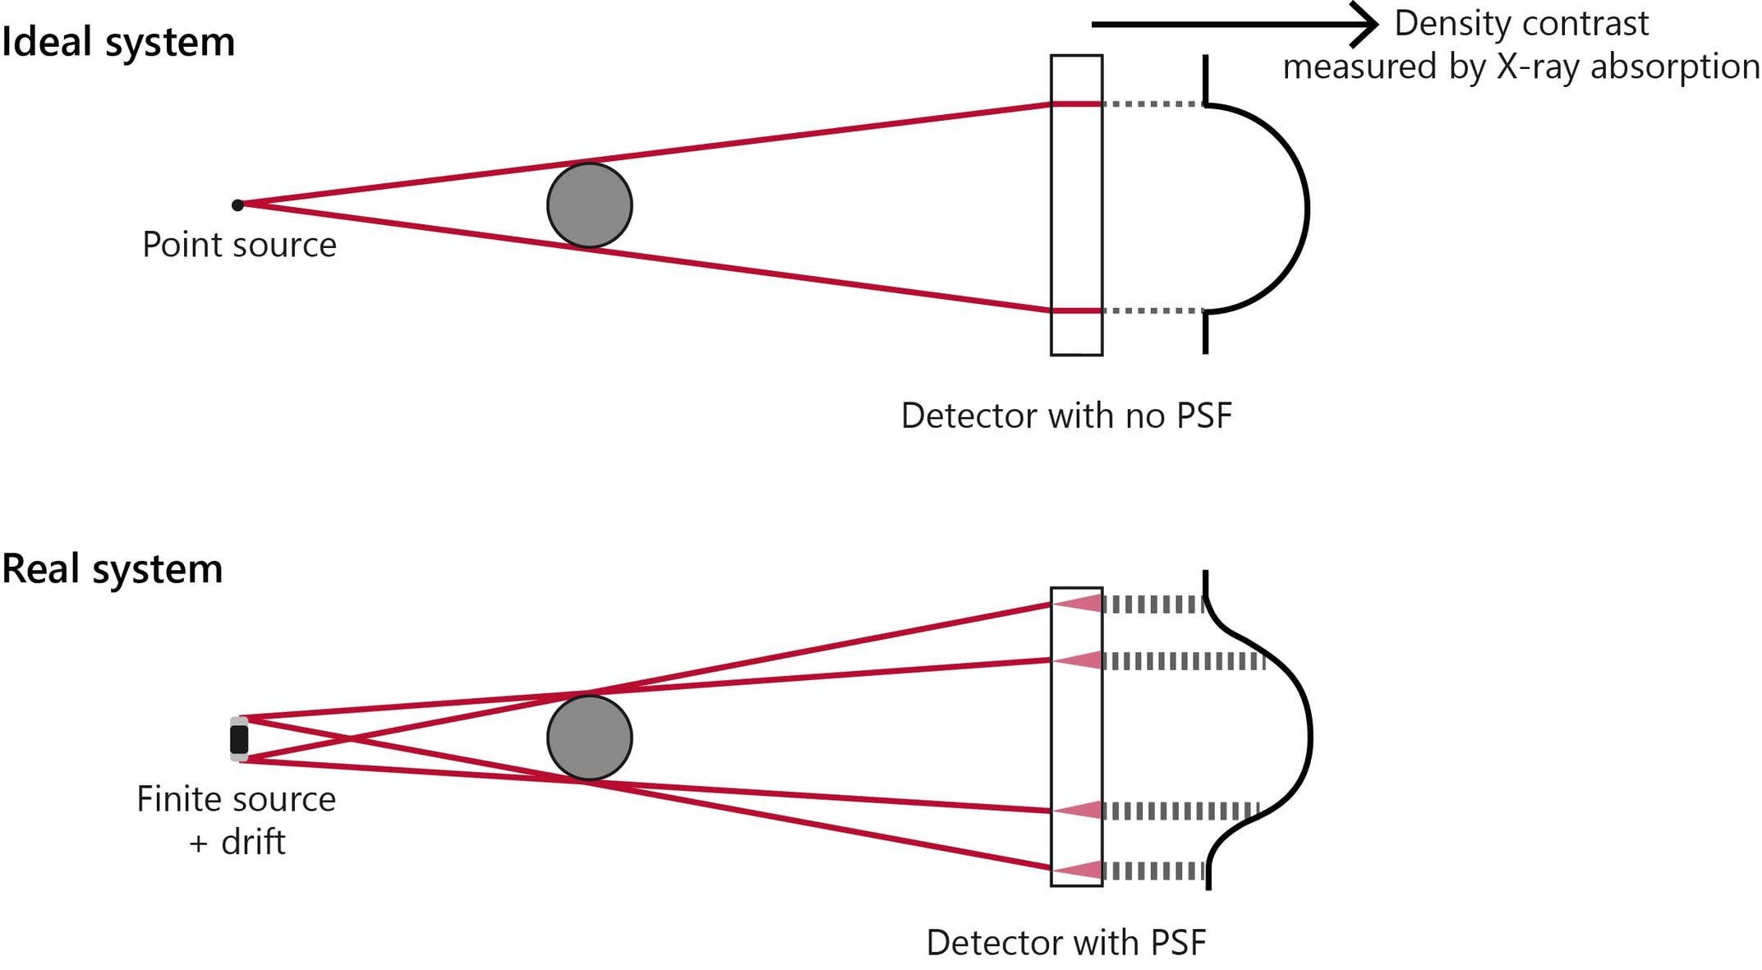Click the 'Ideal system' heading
click(x=118, y=42)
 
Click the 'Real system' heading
click(x=113, y=569)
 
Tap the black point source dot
click(x=237, y=205)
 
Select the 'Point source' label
click(x=239, y=245)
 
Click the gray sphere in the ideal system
click(x=589, y=205)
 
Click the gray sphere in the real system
click(x=589, y=738)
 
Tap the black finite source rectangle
click(x=239, y=739)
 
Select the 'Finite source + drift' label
click(x=237, y=820)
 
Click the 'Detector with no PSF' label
click(x=1066, y=416)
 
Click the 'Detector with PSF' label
click(x=1066, y=942)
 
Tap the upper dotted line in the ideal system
click(x=1152, y=104)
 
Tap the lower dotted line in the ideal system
click(x=1152, y=310)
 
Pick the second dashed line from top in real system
click(x=1183, y=660)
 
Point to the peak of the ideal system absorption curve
click(x=1307, y=208)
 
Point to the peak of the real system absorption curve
click(x=1310, y=737)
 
